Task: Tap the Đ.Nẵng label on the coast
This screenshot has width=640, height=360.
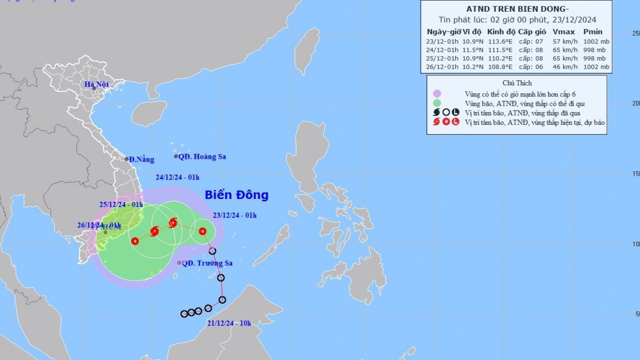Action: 141,159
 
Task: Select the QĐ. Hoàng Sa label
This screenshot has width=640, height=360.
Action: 202,157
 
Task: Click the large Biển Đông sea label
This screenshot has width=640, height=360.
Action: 236,195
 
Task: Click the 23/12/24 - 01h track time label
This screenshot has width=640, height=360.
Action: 234,215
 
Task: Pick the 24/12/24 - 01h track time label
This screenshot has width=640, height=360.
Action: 177,177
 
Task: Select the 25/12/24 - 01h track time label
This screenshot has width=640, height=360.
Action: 121,205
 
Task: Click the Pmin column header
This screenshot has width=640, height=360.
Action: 593,32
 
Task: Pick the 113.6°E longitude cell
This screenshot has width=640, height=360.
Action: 500,41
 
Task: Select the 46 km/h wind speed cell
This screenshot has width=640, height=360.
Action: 563,67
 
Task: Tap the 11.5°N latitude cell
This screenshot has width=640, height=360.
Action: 473,50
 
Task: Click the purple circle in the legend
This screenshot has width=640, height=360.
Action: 437,93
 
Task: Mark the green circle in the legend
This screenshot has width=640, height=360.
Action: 437,103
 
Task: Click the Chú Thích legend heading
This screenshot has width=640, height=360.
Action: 516,83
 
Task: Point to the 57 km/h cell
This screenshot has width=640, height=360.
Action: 563,41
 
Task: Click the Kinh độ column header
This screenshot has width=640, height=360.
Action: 500,32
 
